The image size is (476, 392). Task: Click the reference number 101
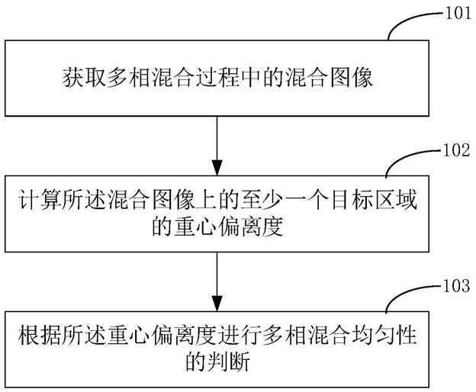(458, 13)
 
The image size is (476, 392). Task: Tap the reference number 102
(457, 150)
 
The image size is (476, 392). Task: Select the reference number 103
(457, 286)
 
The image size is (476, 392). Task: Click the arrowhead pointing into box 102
(217, 168)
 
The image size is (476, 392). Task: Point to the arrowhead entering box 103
(217, 304)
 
